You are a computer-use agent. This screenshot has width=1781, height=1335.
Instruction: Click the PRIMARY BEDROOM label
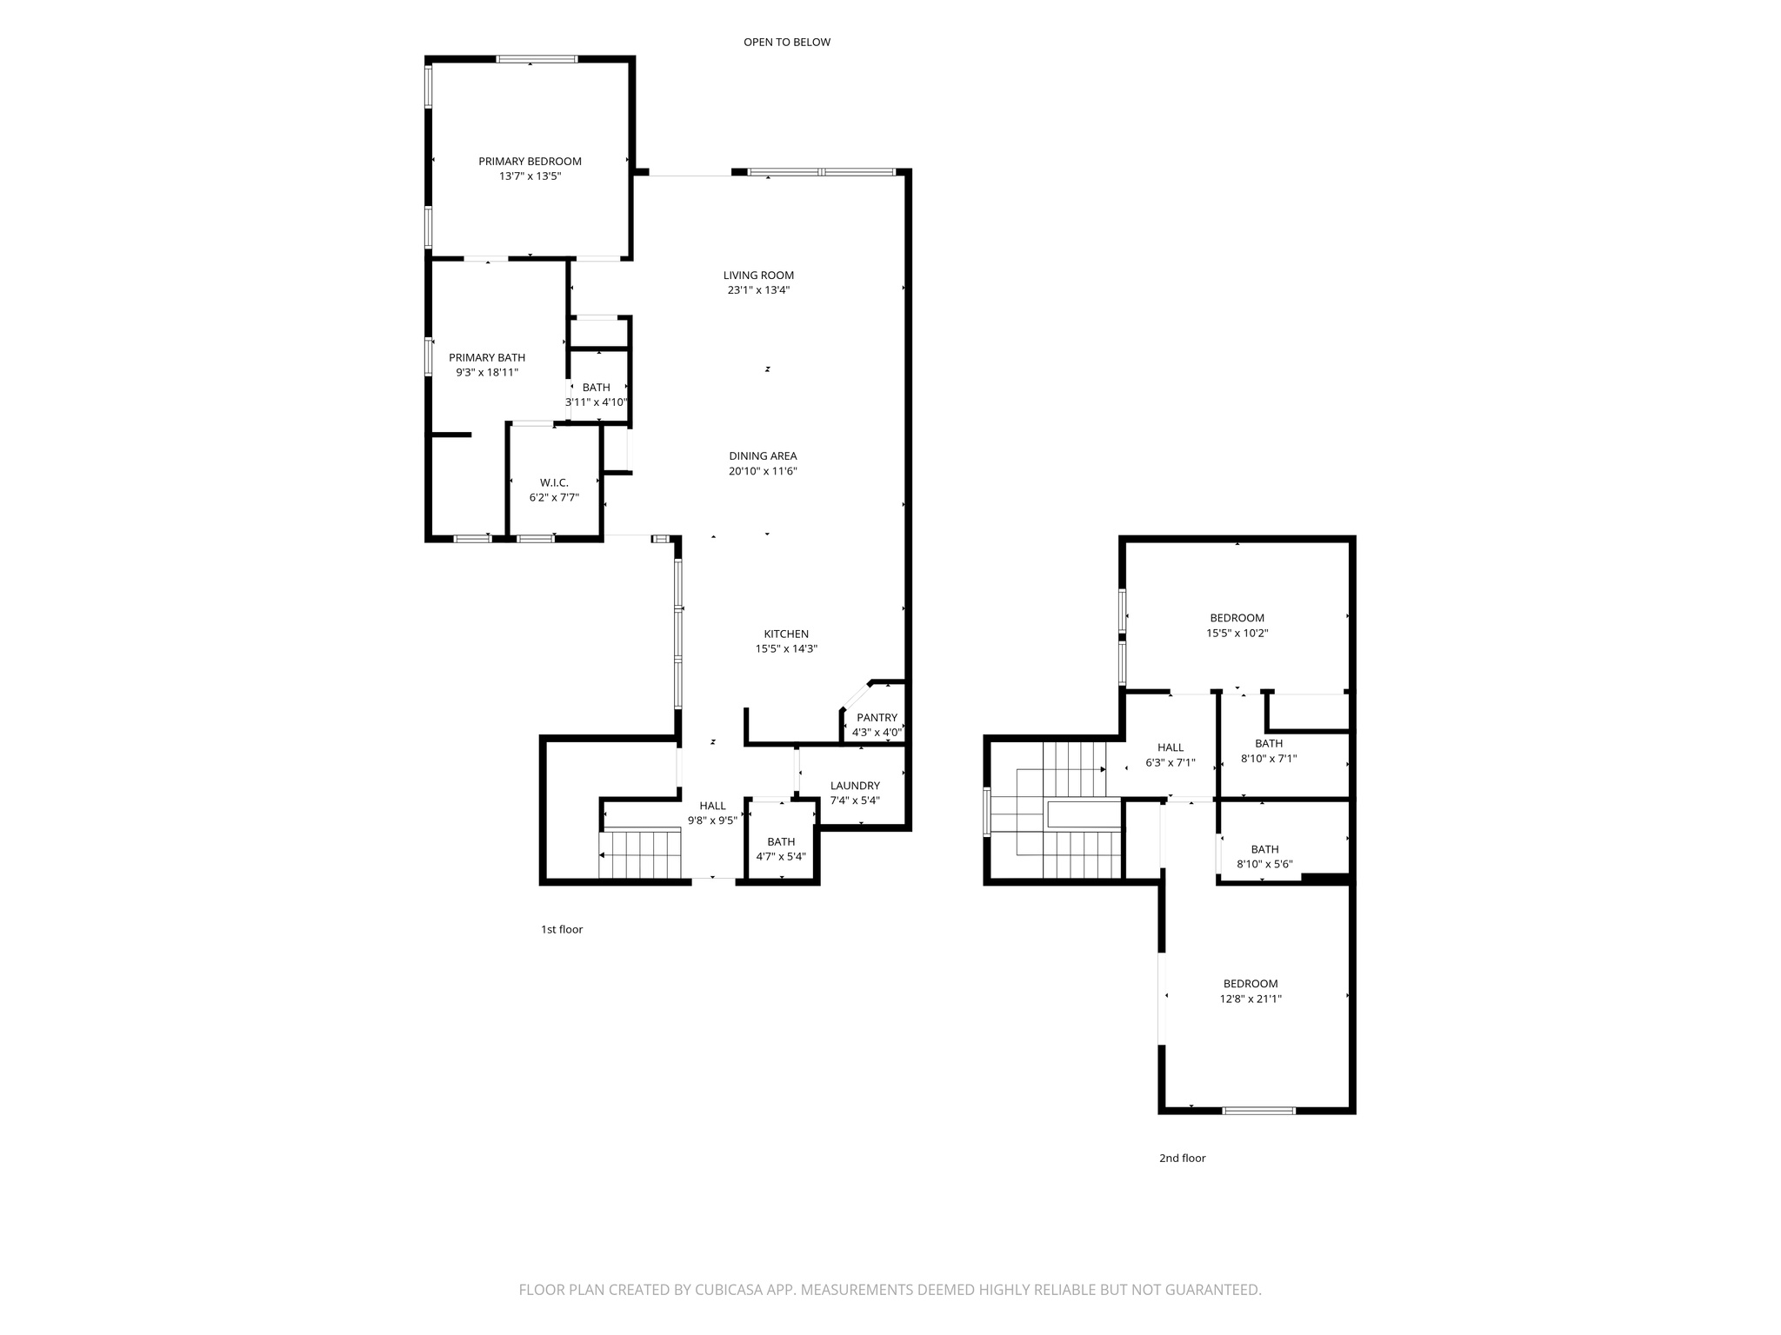pos(530,161)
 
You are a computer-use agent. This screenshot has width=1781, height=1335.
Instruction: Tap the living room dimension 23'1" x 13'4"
pos(758,290)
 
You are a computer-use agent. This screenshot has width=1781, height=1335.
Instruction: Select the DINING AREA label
pos(763,455)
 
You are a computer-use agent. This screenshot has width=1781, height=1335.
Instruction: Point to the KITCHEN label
pos(786,634)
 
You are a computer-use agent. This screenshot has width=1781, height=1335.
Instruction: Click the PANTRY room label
pos(877,717)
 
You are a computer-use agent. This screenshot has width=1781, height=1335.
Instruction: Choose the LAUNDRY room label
pos(855,785)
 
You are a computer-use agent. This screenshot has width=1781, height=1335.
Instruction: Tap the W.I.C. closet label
pos(554,482)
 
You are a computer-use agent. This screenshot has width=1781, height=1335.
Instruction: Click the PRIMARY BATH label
pos(487,357)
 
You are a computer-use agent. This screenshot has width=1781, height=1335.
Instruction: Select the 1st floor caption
pos(562,929)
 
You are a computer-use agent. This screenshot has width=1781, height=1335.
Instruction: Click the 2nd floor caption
pos(1182,1158)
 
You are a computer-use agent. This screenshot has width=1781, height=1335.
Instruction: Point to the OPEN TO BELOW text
pos(786,42)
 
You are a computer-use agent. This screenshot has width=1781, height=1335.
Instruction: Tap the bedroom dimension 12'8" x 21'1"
pos(1251,999)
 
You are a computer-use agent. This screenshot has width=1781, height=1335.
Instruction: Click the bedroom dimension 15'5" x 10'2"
pos(1237,633)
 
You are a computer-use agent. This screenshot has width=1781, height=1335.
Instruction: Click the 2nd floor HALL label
pos(1171,747)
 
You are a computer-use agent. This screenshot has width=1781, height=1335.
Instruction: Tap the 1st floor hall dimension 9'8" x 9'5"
pos(712,820)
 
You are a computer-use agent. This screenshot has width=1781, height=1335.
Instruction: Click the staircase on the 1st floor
pos(641,853)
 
